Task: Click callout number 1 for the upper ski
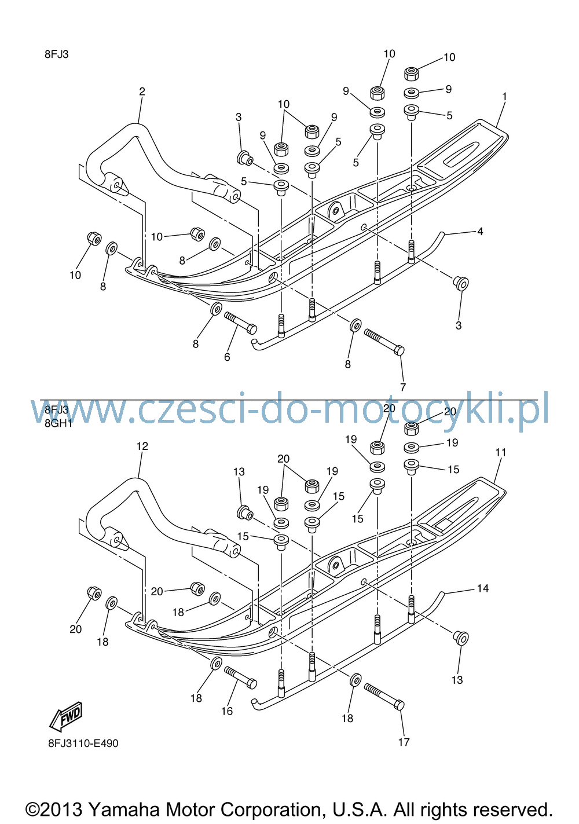505,97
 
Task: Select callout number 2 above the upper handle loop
142,91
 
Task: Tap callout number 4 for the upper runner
480,232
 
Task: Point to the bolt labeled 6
241,323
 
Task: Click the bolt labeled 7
384,342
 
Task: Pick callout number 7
403,387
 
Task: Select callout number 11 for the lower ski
501,452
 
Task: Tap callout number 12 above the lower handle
142,446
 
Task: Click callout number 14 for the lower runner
483,588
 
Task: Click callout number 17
404,742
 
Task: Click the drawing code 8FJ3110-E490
83,744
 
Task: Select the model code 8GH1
59,423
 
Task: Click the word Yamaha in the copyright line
124,810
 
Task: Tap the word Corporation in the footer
271,810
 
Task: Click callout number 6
227,357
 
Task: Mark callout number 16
227,711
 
